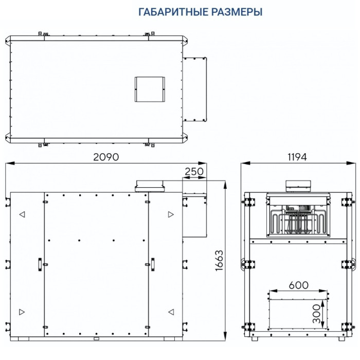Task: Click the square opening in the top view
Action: coord(149,89)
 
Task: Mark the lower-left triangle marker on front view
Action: coord(22,312)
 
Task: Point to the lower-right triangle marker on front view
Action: coord(171,312)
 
